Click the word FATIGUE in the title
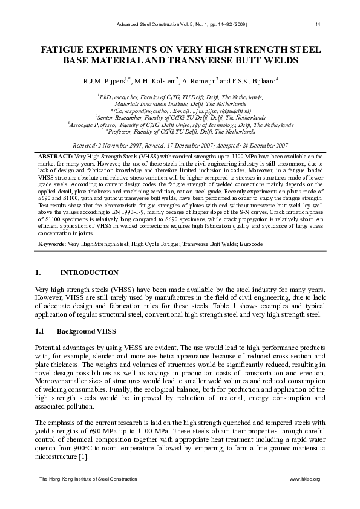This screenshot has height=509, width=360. click(65, 49)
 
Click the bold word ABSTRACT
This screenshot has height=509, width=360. click(56, 156)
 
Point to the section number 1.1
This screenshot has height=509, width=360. click(41, 331)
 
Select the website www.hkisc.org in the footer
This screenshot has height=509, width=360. click(305, 479)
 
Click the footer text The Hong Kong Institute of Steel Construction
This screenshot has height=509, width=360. click(88, 479)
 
